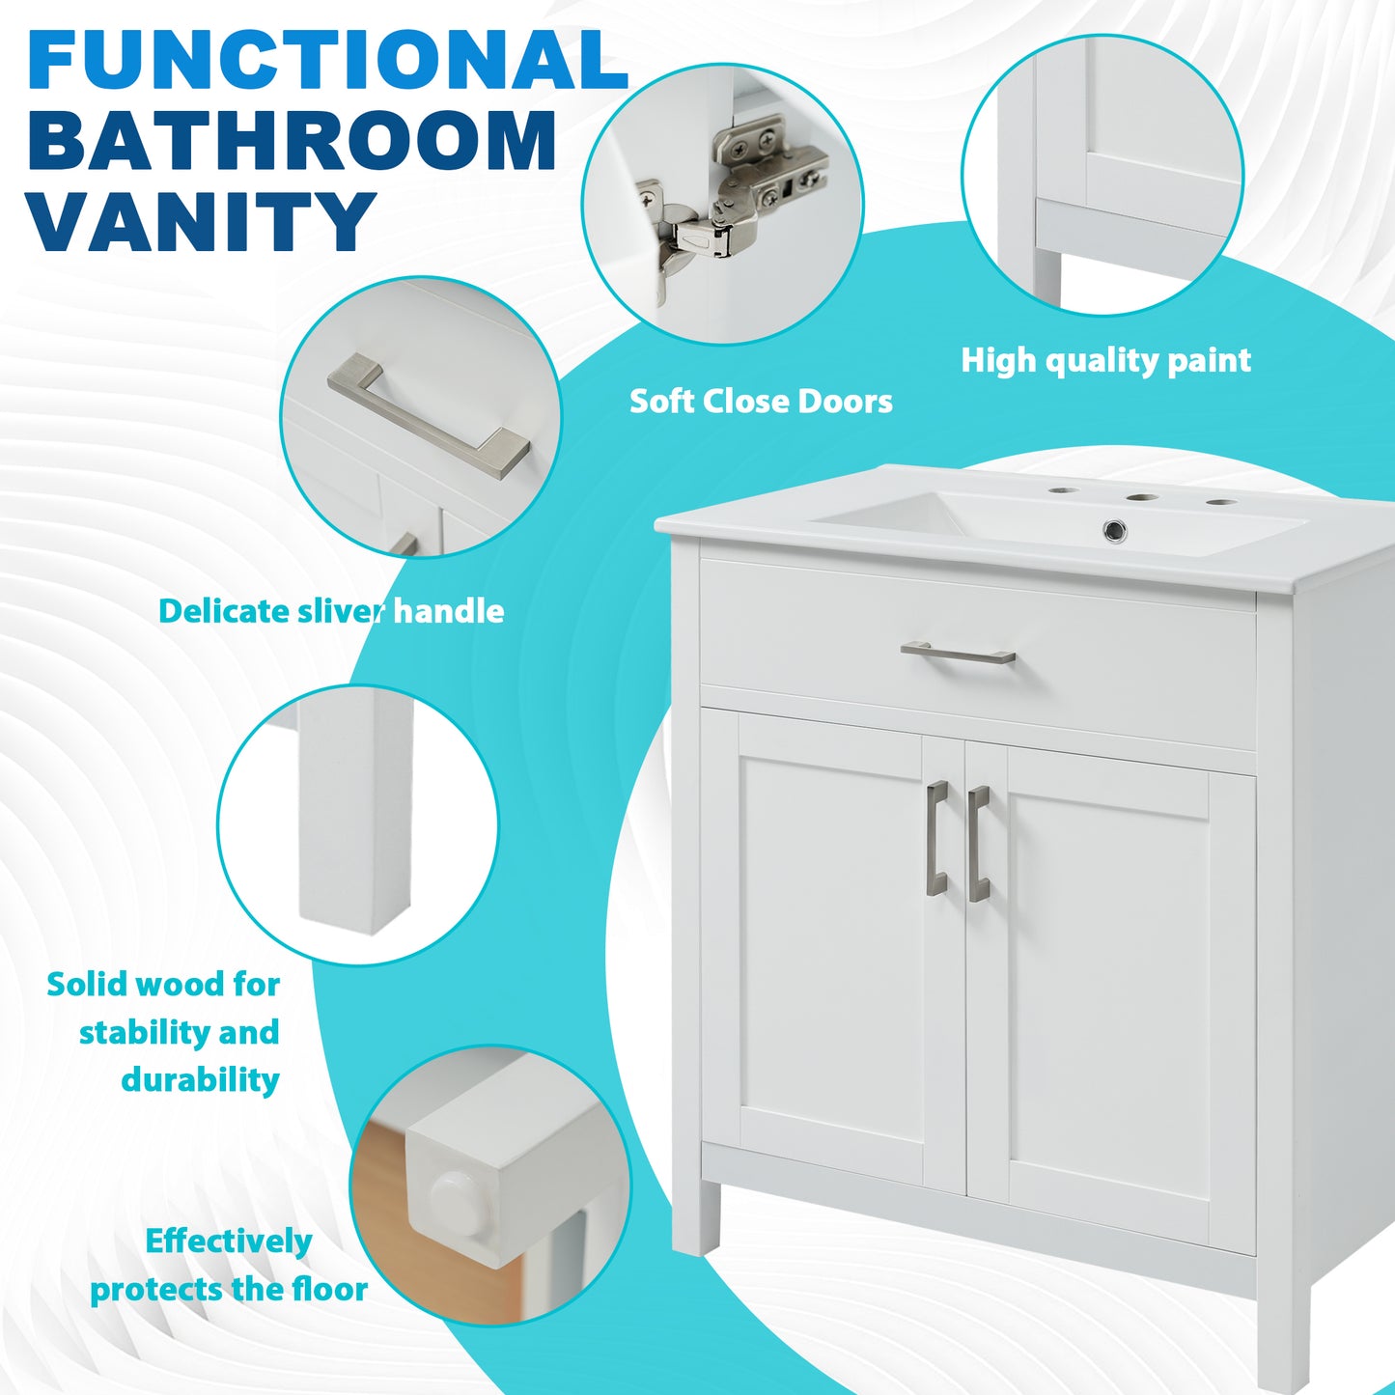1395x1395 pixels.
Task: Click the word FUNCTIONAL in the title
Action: (x=328, y=60)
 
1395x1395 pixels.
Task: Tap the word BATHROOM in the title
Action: (x=293, y=142)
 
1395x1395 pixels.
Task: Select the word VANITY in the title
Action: (x=201, y=222)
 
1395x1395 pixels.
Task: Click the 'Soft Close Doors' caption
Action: (x=761, y=401)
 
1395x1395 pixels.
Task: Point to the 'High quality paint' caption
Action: (x=1105, y=360)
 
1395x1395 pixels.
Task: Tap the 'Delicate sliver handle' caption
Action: (x=331, y=611)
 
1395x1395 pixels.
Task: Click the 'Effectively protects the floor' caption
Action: (x=229, y=1265)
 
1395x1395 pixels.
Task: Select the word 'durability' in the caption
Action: (x=200, y=1079)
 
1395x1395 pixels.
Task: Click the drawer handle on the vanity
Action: (x=958, y=654)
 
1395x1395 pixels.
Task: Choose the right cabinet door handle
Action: (x=978, y=843)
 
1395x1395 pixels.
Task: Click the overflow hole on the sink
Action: (x=1115, y=529)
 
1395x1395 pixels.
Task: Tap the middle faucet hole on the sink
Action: (x=1141, y=499)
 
